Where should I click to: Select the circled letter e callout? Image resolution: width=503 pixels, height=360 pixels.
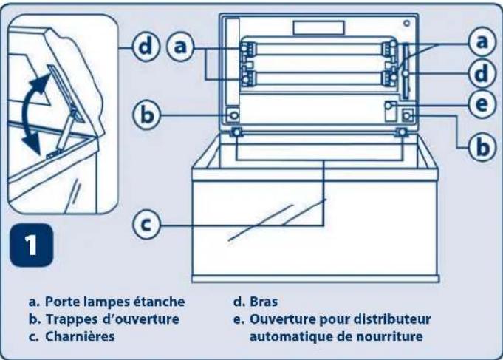(481, 105)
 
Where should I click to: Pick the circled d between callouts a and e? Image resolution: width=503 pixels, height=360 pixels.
(481, 74)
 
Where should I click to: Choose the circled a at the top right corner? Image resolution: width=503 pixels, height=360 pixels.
(481, 43)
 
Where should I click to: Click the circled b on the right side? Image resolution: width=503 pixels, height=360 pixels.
(481, 146)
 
